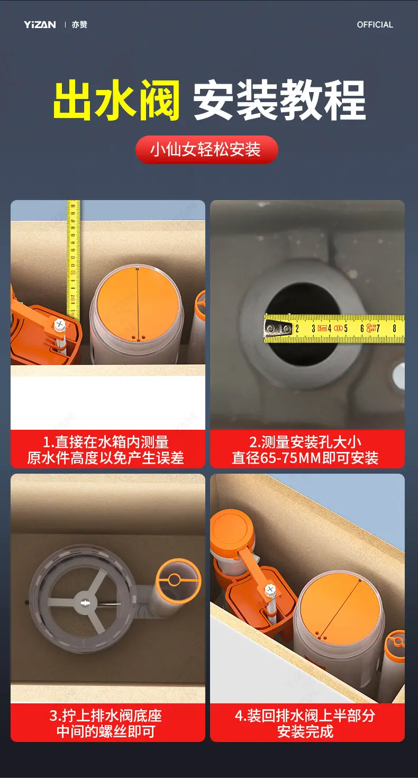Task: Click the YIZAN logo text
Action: click(x=40, y=25)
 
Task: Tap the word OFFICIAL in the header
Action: click(x=375, y=25)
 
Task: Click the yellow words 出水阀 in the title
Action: click(x=117, y=99)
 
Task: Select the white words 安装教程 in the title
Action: click(x=279, y=99)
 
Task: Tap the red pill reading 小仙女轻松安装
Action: click(x=206, y=150)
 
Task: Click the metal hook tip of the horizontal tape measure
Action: click(x=269, y=328)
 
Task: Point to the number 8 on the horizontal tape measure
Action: click(x=394, y=328)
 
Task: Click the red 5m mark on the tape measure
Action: click(x=322, y=328)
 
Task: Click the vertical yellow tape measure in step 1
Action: click(x=73, y=260)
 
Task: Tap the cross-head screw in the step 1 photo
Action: click(x=60, y=325)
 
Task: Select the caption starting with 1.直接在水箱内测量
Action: click(x=105, y=450)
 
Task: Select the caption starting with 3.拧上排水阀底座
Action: click(x=105, y=723)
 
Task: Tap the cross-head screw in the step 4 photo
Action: click(x=270, y=589)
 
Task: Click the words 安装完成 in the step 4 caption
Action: click(x=305, y=732)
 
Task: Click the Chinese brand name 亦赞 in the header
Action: click(x=79, y=25)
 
